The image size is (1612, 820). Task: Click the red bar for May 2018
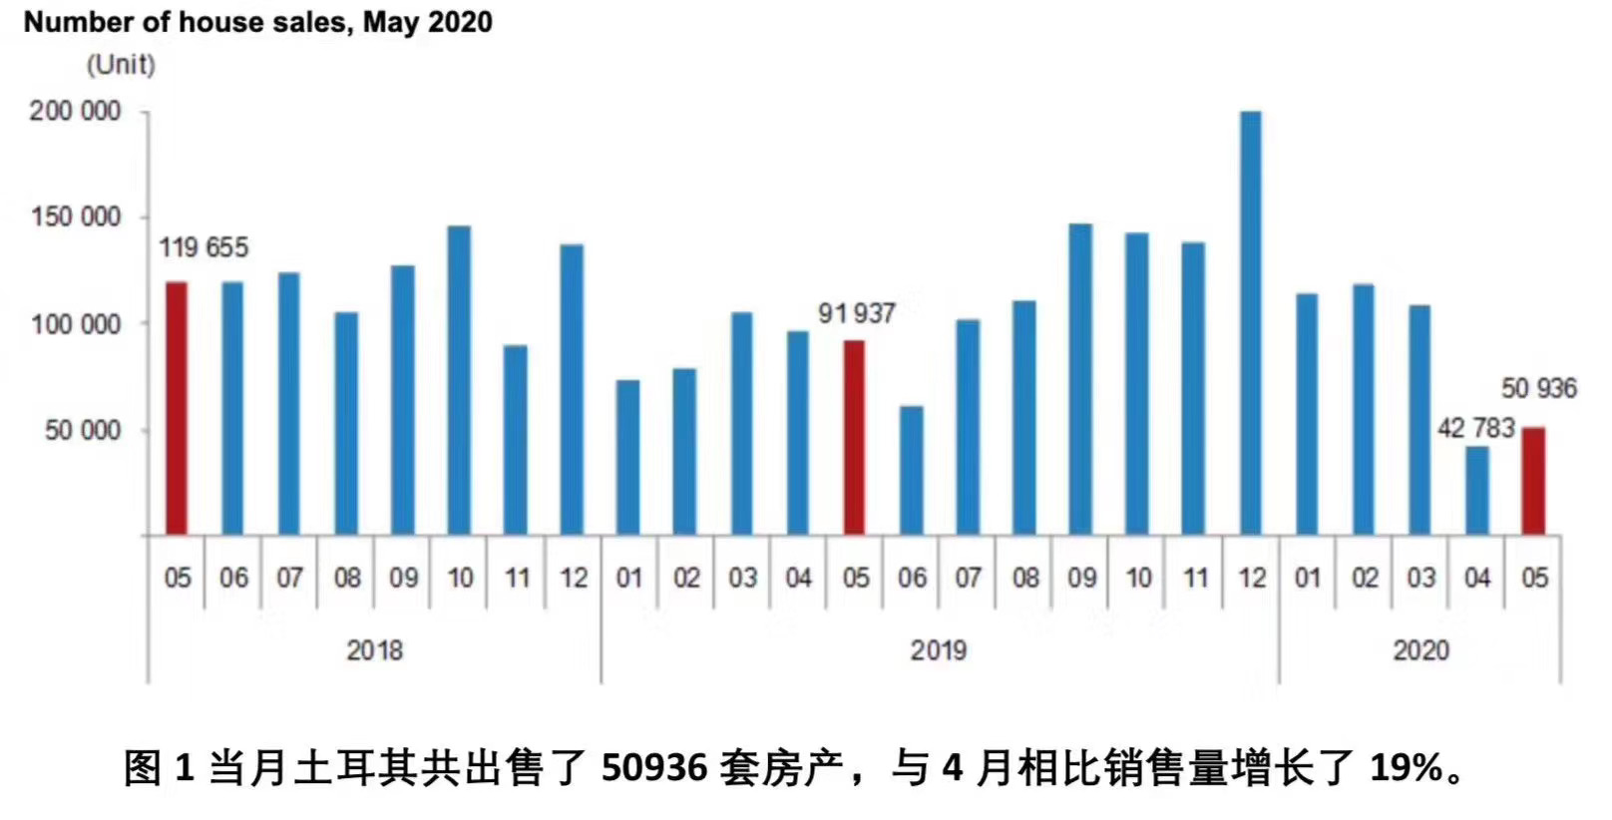(x=176, y=409)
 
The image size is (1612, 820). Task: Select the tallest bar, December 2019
(x=1250, y=324)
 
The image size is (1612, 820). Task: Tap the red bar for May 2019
(x=854, y=438)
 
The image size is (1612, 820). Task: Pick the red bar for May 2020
(x=1533, y=481)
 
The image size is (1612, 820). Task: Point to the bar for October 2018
(x=459, y=380)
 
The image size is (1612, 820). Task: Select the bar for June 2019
(x=911, y=470)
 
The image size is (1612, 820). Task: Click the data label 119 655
(x=203, y=247)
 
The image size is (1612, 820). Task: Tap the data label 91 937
(x=856, y=313)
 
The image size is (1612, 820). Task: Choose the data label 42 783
(x=1475, y=428)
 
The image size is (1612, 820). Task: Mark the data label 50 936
(x=1538, y=388)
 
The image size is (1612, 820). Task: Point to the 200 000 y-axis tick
(x=75, y=111)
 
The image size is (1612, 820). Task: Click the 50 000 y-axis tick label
(x=83, y=431)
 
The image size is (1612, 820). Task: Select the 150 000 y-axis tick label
(x=75, y=217)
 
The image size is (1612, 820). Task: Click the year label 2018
(x=374, y=650)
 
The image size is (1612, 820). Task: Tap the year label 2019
(x=938, y=650)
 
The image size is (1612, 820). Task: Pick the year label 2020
(x=1420, y=650)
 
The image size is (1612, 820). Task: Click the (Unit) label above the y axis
(x=121, y=65)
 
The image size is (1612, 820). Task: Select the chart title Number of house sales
(x=257, y=22)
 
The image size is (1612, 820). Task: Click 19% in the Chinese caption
(x=1407, y=768)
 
